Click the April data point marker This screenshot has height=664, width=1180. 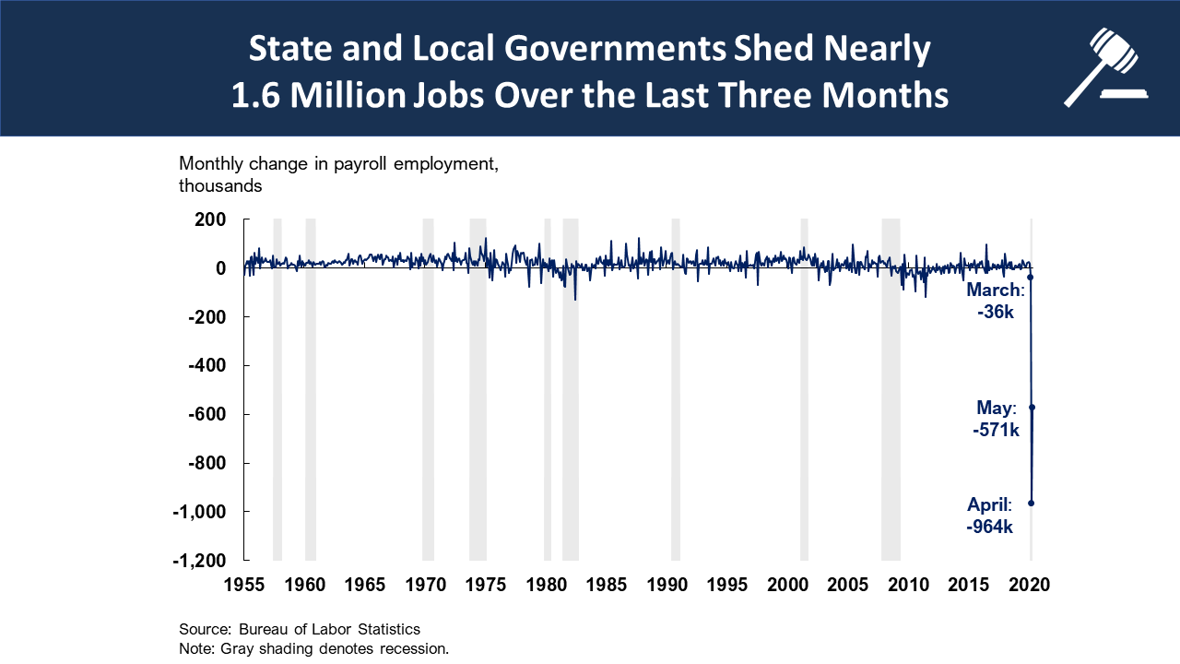coord(1031,503)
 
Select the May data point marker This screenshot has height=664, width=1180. coord(1032,407)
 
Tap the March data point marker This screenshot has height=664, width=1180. coord(1030,277)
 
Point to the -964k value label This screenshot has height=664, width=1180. coord(990,528)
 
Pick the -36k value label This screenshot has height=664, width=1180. coord(996,313)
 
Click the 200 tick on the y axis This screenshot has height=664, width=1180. coord(210,219)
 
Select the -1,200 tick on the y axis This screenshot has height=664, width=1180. coord(197,560)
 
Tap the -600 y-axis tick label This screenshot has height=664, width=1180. coord(206,414)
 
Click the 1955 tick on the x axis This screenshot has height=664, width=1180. coord(245,584)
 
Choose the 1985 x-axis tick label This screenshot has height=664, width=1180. coord(607,584)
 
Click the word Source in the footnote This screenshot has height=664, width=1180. coord(204,629)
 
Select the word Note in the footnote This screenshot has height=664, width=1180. coord(195,648)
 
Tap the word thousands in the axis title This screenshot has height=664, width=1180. coord(220,185)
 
